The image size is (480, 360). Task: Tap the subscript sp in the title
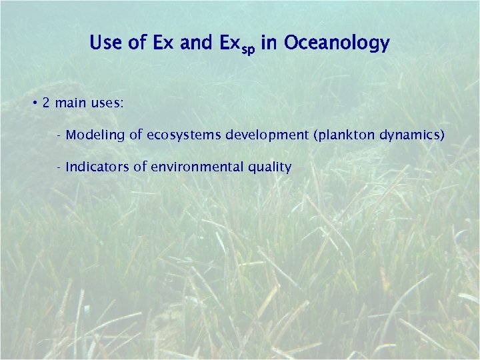click(x=248, y=49)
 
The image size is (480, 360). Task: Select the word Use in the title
click(x=107, y=44)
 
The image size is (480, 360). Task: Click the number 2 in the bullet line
click(x=45, y=103)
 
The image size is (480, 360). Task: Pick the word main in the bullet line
click(x=73, y=103)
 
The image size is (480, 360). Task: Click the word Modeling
click(x=95, y=135)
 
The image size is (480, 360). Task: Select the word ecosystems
click(x=183, y=135)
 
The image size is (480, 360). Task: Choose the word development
click(x=267, y=135)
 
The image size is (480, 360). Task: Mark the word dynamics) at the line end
click(x=412, y=135)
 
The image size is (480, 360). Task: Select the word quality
click(x=270, y=167)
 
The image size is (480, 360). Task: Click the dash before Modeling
click(x=60, y=136)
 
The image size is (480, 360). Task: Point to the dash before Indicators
click(x=60, y=167)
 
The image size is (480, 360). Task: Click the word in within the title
click(x=269, y=44)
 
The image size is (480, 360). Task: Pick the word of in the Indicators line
click(x=141, y=167)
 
